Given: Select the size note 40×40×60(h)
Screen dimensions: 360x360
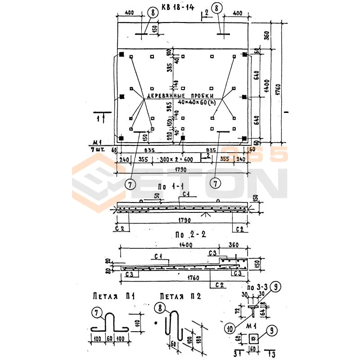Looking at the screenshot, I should pos(197,103).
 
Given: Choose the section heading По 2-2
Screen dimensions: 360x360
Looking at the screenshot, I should pos(187,235).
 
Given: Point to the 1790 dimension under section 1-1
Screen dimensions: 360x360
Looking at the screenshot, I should pos(181,220).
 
